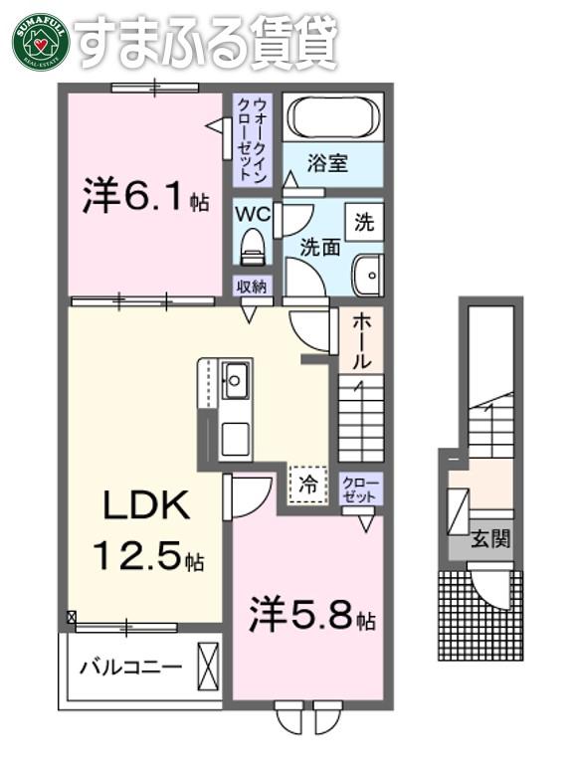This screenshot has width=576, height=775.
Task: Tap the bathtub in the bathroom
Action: tap(332, 117)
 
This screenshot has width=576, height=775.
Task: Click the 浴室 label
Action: tap(327, 163)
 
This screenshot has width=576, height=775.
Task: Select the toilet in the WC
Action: tap(252, 245)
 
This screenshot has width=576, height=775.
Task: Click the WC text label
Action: tap(252, 214)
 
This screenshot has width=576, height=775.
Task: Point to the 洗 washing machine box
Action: tap(364, 223)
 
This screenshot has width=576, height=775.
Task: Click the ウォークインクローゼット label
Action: tap(252, 139)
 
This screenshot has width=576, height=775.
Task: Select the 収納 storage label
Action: tap(252, 287)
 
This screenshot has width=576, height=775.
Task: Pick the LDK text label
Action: tap(146, 504)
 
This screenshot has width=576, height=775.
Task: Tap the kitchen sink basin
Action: tap(235, 380)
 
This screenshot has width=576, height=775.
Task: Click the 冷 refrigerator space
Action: tap(307, 484)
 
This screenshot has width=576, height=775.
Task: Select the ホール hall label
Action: tap(362, 342)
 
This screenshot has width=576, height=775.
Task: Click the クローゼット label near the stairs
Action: tap(361, 489)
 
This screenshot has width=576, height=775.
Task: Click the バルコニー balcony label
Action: tap(131, 668)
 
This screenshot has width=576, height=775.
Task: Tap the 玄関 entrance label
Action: tap(489, 539)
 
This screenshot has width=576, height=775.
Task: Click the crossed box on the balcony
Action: tap(207, 666)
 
